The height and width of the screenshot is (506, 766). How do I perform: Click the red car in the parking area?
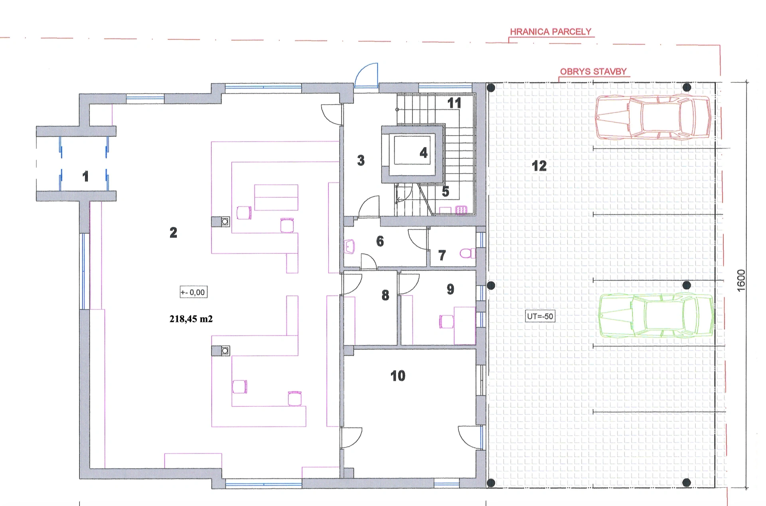point(653,117)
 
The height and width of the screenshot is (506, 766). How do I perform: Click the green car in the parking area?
point(656,316)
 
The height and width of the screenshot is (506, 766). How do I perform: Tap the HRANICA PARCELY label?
point(551,32)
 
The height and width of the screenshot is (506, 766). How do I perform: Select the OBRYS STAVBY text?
point(593,72)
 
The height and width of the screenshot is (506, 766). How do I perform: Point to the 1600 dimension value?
point(741,281)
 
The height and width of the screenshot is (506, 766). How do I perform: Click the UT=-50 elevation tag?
point(540,317)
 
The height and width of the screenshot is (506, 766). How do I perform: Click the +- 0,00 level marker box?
point(193,292)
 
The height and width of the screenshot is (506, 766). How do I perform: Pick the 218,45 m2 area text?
point(191,319)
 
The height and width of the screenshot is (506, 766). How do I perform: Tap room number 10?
point(398,376)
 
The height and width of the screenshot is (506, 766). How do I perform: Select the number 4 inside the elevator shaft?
point(423,153)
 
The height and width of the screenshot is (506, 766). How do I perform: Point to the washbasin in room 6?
point(349,247)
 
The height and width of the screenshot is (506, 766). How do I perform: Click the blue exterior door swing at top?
point(366,75)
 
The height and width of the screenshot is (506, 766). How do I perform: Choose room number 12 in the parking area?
point(539,166)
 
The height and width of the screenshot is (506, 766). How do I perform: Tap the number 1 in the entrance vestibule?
point(85,176)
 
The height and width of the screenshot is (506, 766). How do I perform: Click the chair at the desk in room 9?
point(446,321)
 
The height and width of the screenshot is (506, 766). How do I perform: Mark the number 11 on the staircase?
point(454,103)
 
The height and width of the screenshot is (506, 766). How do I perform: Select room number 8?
point(385,295)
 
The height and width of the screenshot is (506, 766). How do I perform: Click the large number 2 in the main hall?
point(173,232)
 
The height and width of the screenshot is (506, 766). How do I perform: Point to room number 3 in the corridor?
point(361,160)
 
